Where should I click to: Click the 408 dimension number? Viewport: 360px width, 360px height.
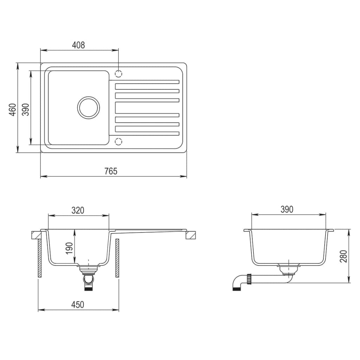coord(78,45)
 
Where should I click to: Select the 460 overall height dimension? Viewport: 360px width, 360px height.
coord(13,110)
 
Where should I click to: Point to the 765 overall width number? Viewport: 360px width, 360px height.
coord(110,171)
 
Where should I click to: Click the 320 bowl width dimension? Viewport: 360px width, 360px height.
coord(78,210)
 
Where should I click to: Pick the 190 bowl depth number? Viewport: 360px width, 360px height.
coord(69,248)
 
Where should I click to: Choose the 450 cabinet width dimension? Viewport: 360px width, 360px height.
coord(78,304)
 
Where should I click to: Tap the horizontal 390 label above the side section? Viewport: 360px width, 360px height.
coord(287,210)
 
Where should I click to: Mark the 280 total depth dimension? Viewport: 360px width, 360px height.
coord(343,256)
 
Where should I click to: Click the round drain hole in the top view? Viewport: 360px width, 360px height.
coord(88,107)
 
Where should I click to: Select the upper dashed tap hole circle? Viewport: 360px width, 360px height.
coord(119,74)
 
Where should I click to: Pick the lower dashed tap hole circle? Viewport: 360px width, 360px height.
coord(119,141)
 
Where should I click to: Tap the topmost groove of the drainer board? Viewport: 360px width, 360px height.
coord(147,82)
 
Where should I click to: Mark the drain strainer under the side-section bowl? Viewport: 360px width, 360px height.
coord(288,269)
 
